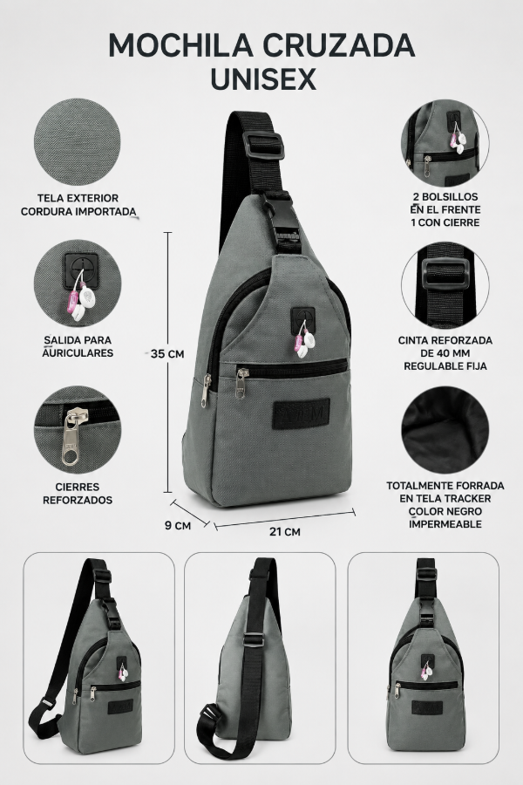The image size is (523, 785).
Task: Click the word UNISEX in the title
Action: [x=262, y=79]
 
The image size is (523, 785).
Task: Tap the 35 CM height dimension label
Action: [x=167, y=353]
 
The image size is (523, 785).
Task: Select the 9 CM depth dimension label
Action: [x=178, y=525]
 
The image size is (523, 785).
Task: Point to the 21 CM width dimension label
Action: [x=285, y=532]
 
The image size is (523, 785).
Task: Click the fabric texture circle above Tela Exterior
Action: [x=77, y=141]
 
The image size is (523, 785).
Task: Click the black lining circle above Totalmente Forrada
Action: [x=445, y=430]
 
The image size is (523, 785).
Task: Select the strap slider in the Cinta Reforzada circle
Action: [x=445, y=274]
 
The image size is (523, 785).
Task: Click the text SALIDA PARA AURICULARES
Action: [x=78, y=346]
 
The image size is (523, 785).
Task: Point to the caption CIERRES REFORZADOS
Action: [x=78, y=493]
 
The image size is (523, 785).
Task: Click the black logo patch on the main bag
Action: [x=302, y=414]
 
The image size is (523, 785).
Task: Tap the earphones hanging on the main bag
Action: [x=305, y=340]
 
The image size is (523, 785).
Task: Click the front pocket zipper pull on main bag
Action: [x=241, y=384]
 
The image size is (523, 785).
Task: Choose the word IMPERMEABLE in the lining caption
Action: [x=445, y=524]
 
